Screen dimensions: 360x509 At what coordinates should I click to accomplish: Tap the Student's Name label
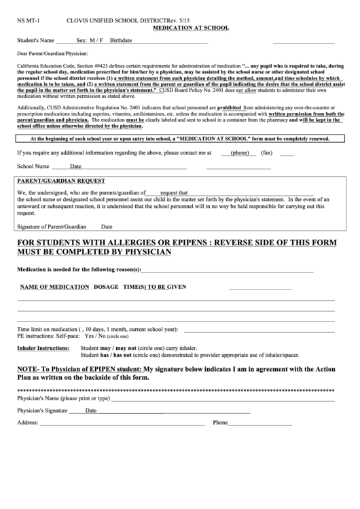tap(36, 41)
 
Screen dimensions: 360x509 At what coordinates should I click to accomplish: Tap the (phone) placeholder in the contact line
tap(240, 153)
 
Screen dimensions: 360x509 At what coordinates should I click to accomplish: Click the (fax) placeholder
tap(267, 153)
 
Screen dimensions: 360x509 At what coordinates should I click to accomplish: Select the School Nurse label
tap(33, 166)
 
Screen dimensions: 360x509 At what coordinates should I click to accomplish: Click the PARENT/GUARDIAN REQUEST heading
tap(61, 181)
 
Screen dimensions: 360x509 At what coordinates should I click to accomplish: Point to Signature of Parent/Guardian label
tap(52, 226)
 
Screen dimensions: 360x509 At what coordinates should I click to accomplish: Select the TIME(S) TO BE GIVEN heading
tap(154, 286)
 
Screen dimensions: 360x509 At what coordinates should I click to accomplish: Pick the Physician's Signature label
tap(42, 410)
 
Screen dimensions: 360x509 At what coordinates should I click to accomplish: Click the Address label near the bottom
tap(27, 423)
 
